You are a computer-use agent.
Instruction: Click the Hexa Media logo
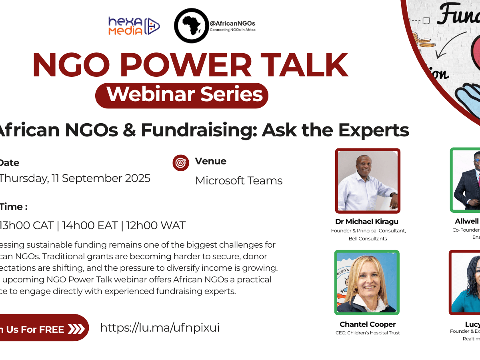[x=134, y=26]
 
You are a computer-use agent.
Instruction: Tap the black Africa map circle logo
[x=191, y=26]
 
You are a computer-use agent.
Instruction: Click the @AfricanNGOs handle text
[x=232, y=24]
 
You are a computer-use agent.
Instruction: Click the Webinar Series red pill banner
[x=182, y=95]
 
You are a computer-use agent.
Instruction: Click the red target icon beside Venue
[x=181, y=163]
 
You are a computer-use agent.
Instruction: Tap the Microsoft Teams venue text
[x=239, y=181]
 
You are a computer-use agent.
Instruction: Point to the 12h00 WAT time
[x=156, y=226]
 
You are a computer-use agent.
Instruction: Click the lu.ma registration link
[x=160, y=328]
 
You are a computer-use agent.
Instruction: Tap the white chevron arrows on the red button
[x=76, y=329]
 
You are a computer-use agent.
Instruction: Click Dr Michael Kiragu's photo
[x=368, y=181]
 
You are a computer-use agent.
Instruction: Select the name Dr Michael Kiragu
[x=367, y=222]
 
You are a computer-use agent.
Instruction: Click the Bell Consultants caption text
[x=368, y=239]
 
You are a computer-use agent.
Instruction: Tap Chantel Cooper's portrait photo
[x=367, y=282]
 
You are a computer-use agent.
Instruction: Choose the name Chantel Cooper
[x=368, y=324]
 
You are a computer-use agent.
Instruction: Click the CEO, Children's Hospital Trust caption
[x=368, y=333]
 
